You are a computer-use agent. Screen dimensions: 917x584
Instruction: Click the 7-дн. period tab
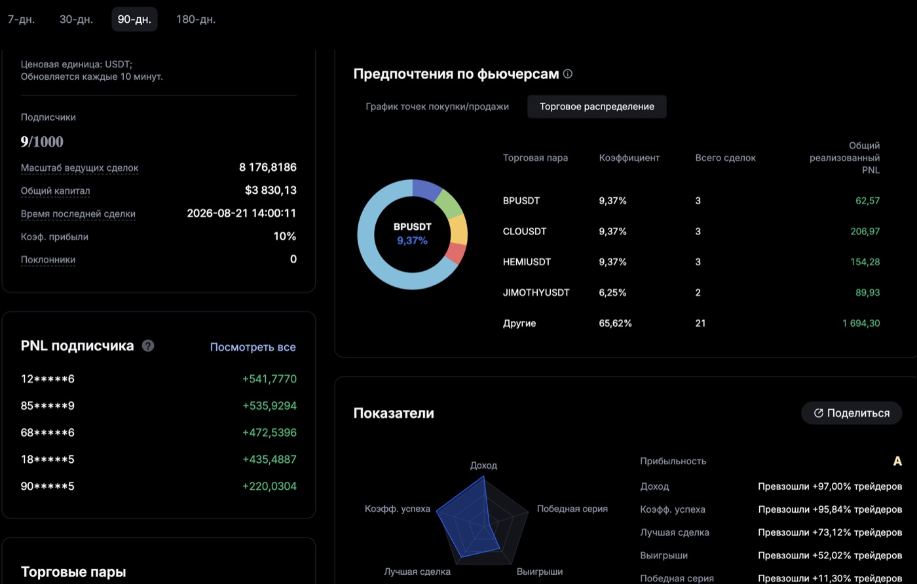[x=21, y=19]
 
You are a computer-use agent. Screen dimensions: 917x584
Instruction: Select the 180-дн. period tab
[x=196, y=19]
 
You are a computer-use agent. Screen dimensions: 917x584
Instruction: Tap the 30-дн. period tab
[x=76, y=19]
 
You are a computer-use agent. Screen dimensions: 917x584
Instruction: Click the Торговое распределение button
[x=597, y=107]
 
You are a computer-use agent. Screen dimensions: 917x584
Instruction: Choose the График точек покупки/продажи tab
[x=438, y=107]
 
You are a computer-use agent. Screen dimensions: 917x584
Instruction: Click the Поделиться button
[x=851, y=413]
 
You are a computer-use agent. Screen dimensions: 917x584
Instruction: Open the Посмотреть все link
[x=253, y=347]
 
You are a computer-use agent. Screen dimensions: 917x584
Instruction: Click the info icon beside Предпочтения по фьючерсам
[x=568, y=74]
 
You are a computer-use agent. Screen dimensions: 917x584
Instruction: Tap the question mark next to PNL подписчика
[x=148, y=346]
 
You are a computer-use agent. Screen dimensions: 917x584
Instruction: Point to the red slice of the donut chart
[x=457, y=253]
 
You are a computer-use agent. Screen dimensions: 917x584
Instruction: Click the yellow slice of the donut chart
[x=459, y=230]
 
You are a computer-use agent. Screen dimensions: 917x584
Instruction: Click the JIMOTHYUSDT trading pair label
[x=536, y=293]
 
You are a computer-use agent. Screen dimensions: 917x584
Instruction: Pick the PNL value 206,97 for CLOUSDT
[x=865, y=231]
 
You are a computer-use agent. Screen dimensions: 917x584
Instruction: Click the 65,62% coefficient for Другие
[x=615, y=323]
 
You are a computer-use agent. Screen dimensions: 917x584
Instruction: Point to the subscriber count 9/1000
[x=42, y=141]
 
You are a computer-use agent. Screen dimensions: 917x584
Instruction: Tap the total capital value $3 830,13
[x=271, y=191]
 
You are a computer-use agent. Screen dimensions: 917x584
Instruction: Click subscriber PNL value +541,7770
[x=269, y=379]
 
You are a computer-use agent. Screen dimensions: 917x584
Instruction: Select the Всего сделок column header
[x=726, y=158]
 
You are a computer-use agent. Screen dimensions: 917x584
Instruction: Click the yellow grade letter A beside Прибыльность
[x=897, y=461]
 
